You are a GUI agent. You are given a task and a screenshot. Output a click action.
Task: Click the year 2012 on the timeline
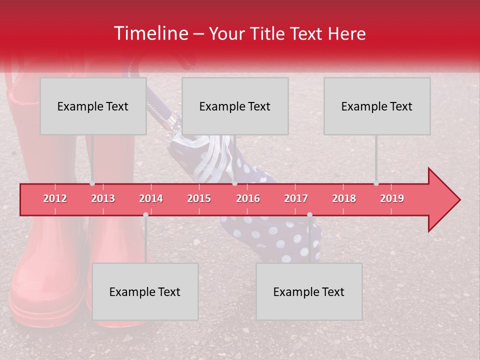click(x=55, y=198)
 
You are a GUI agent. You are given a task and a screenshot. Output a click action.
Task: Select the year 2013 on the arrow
click(x=103, y=198)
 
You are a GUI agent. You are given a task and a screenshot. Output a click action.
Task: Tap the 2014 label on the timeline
click(x=151, y=198)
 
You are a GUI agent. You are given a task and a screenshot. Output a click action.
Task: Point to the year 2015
click(x=199, y=198)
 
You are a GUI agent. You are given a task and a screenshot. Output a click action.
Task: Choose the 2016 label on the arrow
click(x=248, y=198)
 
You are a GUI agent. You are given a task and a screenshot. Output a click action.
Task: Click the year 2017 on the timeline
click(x=296, y=198)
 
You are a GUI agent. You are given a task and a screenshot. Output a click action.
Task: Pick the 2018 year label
click(x=344, y=198)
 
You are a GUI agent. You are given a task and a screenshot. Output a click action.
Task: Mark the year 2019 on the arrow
click(x=392, y=198)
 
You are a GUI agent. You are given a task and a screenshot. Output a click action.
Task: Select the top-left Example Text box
click(x=93, y=106)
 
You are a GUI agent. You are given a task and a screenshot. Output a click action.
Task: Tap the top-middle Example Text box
click(x=235, y=106)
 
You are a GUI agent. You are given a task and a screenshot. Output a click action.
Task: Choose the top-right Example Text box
click(x=377, y=106)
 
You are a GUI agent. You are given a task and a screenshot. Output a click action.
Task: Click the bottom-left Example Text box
click(x=145, y=291)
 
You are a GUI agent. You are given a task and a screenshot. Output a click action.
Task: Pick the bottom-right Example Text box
click(x=309, y=291)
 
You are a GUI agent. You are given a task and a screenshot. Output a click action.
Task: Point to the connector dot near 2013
click(x=92, y=183)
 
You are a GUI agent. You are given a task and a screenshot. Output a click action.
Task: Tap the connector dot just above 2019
click(x=376, y=183)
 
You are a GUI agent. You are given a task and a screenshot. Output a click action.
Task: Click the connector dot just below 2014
click(x=145, y=214)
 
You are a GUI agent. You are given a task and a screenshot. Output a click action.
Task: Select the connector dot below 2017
click(x=309, y=214)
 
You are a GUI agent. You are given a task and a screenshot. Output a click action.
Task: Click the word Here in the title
click(x=346, y=34)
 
